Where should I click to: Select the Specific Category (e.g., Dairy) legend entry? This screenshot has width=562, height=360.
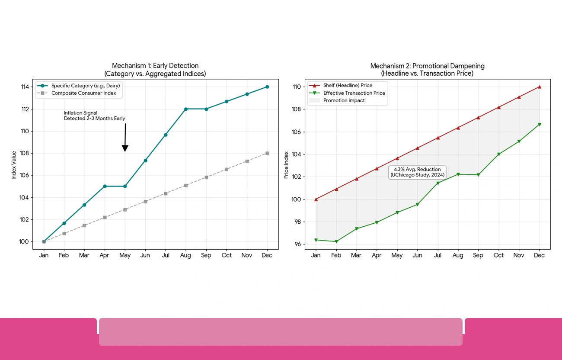coord(86,86)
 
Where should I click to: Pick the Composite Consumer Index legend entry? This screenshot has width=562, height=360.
coord(83,93)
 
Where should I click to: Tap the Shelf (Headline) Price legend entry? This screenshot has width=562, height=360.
coord(348,86)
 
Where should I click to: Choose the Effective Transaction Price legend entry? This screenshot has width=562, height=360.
coord(354,93)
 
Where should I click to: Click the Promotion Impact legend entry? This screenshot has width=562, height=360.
coord(344,100)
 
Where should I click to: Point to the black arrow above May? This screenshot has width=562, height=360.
coord(125,138)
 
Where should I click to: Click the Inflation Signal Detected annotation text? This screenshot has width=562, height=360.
coord(94,116)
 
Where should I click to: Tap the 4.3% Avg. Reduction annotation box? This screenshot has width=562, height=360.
coord(417,172)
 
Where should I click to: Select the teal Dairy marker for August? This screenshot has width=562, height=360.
coord(186,109)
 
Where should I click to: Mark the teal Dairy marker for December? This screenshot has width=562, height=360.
coord(267,87)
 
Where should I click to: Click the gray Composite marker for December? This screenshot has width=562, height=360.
coord(267,153)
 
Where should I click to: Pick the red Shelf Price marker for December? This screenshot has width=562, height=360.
coord(539,87)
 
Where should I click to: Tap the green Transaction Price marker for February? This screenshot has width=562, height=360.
coord(336,241)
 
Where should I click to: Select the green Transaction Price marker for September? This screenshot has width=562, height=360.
coord(478,175)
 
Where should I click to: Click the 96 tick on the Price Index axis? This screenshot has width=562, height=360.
coord(297,244)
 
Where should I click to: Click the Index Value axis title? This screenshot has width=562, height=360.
coord(14,165)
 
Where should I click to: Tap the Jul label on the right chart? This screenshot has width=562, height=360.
coord(437,255)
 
